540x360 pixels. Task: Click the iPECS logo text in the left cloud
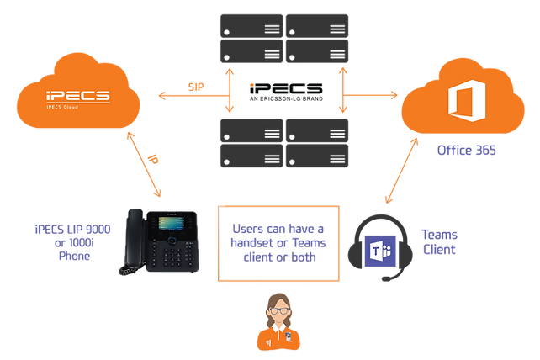(x=77, y=97)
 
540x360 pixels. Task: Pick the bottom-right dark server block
(x=318, y=142)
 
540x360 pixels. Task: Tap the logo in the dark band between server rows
(x=285, y=90)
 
